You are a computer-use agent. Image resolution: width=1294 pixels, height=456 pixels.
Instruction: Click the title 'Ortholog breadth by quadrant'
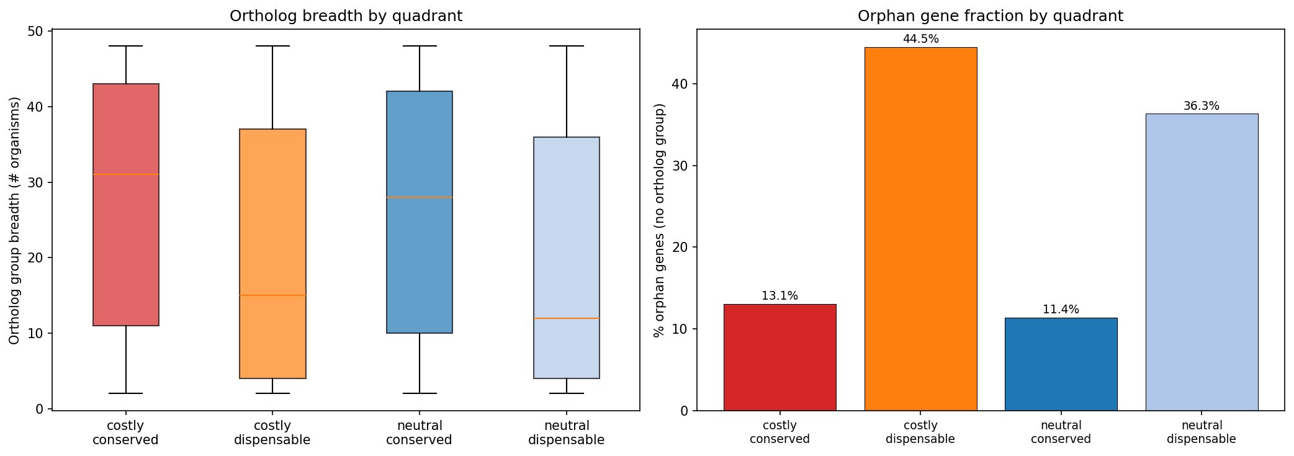[346, 16]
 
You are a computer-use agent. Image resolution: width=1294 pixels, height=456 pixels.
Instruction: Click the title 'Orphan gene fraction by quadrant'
[990, 16]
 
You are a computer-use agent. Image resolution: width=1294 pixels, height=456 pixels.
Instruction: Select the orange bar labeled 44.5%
[920, 230]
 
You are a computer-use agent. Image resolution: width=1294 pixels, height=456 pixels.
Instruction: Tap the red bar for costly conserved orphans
[780, 357]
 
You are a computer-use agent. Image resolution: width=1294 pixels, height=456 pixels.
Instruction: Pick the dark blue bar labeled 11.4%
[1061, 364]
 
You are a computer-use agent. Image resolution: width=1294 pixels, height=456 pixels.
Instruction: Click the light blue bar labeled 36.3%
[1202, 262]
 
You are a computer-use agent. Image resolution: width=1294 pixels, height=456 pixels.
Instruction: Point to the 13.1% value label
[780, 296]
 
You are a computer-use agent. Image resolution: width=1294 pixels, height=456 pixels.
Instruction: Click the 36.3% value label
[1202, 106]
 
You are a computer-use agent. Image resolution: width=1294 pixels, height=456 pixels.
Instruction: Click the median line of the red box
[126, 174]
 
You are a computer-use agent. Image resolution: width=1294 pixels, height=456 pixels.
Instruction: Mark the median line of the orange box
[272, 295]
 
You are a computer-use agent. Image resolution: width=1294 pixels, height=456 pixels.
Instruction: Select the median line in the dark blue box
[420, 197]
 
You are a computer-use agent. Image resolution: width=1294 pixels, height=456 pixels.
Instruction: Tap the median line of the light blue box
[566, 318]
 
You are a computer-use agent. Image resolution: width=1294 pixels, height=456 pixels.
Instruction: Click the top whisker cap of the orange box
[272, 46]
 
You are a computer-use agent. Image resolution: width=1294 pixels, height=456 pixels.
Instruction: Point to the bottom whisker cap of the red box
[126, 393]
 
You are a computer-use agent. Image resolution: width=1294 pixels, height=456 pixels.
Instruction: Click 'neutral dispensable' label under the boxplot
[566, 433]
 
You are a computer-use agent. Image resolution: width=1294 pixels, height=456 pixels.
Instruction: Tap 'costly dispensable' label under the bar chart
[920, 432]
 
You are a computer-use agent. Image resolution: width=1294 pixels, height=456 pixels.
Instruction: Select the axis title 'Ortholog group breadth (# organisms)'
[15, 220]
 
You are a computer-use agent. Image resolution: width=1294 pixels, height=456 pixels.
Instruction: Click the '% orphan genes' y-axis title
[660, 220]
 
